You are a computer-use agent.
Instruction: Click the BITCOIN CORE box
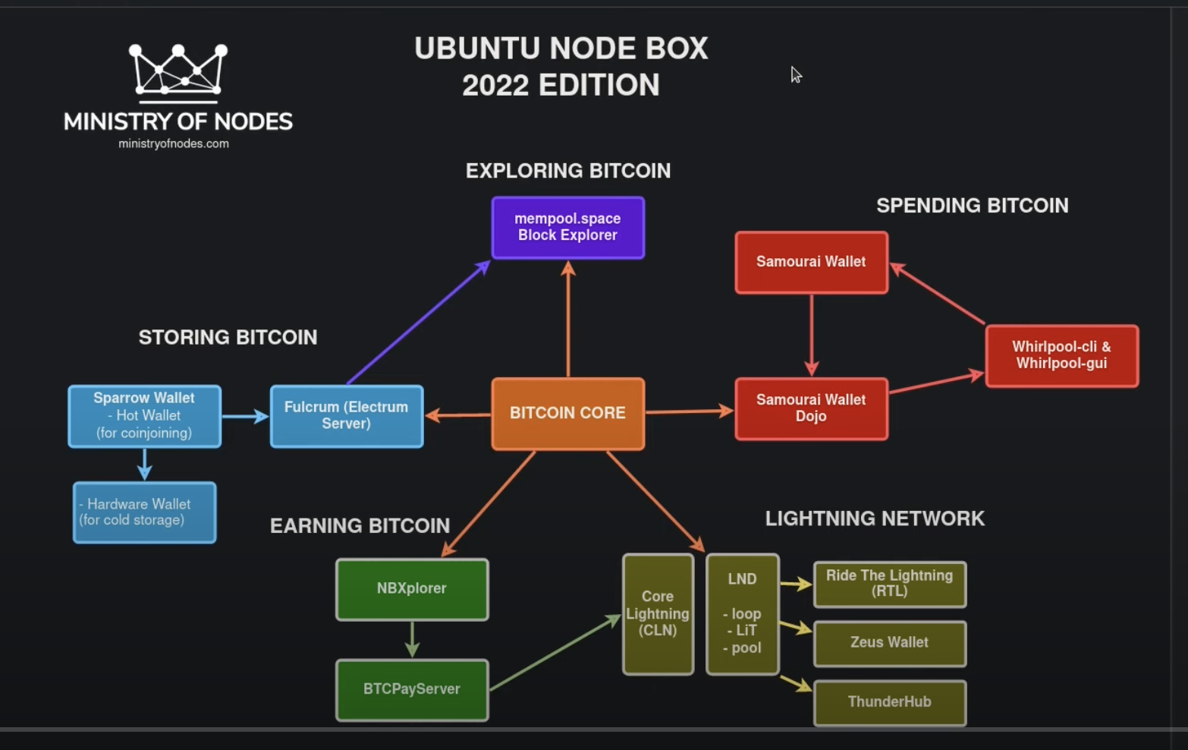pos(567,414)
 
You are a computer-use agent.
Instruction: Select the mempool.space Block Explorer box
pos(567,228)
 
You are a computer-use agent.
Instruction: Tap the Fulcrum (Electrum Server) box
pos(347,416)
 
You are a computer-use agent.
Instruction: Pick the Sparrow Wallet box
pos(144,416)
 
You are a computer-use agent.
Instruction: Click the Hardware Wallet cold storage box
pos(144,512)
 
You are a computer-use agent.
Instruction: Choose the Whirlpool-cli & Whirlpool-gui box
pos(1061,355)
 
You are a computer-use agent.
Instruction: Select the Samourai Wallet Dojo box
pos(811,408)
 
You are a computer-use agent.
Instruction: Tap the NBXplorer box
pos(412,589)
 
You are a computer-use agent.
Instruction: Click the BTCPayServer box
pos(412,689)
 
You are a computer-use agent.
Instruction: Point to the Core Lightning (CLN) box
pos(658,613)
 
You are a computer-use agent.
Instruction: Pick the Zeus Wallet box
pos(889,643)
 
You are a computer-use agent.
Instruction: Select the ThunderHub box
pos(889,702)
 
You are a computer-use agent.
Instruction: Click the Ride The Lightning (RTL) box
pos(889,584)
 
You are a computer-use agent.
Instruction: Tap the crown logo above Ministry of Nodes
pos(178,72)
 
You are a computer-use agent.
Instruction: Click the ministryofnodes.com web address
pos(174,143)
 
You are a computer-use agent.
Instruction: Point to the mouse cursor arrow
pos(795,74)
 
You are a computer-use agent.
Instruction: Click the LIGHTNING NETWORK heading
pos(875,518)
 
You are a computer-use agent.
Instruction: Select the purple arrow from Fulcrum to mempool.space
pos(417,323)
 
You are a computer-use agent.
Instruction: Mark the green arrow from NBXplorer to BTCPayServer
pos(412,639)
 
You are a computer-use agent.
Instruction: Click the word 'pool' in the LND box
pos(746,648)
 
